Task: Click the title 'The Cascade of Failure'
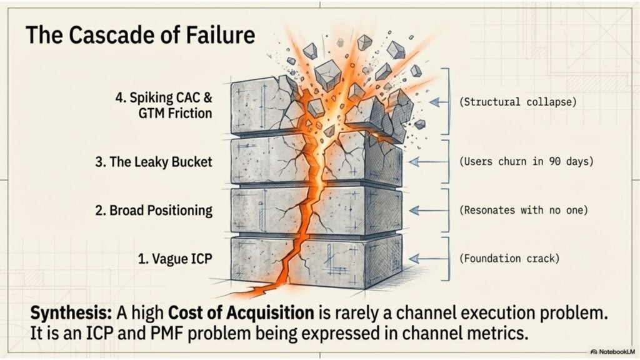click(x=140, y=34)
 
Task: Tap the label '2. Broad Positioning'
click(x=154, y=209)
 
